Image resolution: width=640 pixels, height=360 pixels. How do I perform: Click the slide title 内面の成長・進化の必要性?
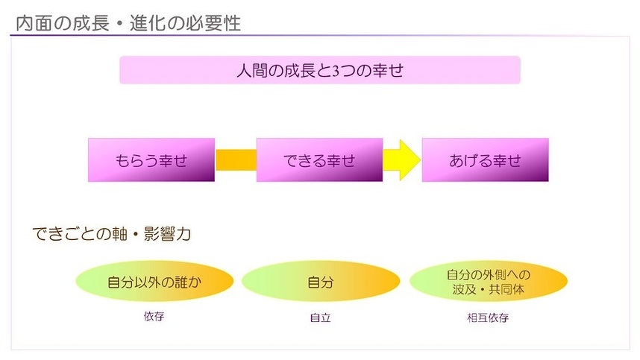point(128,23)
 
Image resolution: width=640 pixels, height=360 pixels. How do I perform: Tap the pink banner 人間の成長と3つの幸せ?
point(319,70)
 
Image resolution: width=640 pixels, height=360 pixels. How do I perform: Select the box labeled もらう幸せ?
point(151,160)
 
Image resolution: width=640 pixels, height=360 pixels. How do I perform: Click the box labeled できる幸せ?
point(319,160)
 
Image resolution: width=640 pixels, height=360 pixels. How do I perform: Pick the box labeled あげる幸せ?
point(486,160)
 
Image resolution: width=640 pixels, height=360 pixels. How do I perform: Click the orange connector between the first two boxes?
point(236,160)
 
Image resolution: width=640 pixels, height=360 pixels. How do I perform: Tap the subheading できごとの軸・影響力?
point(111,234)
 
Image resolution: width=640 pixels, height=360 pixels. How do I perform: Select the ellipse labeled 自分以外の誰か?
point(154,281)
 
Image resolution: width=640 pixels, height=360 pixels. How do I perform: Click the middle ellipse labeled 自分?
point(321,281)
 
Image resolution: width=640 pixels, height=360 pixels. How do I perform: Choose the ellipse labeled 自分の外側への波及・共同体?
point(489,281)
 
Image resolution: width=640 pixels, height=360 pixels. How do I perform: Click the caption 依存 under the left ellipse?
point(154,316)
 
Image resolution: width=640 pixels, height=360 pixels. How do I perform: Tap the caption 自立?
point(321,318)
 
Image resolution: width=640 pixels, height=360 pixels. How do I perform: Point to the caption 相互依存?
point(488,318)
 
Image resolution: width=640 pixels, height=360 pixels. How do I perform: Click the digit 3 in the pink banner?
point(336,71)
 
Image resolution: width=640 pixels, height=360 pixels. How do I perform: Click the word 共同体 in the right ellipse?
point(506,289)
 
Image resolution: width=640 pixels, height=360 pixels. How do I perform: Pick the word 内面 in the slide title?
point(34,23)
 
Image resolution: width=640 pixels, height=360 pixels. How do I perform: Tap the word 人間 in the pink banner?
point(252,71)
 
